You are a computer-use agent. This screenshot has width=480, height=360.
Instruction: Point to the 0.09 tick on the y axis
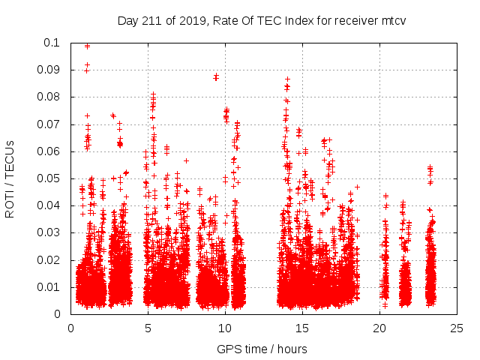51,70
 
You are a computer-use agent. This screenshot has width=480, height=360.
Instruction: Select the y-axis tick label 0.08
51,97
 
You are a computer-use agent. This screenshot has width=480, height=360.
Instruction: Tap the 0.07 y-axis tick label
51,124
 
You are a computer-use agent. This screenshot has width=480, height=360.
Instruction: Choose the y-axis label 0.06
51,151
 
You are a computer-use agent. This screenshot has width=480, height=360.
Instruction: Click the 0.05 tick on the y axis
51,178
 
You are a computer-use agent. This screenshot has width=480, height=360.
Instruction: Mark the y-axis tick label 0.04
51,205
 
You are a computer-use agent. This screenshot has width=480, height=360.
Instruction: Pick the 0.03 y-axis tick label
51,232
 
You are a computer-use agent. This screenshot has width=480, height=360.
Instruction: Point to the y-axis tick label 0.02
51,260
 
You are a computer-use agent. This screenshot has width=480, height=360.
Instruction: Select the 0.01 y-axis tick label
51,287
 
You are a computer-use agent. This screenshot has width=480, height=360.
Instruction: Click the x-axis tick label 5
148,328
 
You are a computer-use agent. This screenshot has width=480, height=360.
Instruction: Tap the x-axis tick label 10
225,328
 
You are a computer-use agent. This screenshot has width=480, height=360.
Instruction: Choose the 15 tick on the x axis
302,328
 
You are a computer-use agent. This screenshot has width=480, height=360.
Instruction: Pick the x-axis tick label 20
379,328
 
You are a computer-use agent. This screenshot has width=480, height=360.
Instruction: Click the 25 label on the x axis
457,328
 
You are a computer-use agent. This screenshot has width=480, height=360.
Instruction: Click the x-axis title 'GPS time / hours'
262,349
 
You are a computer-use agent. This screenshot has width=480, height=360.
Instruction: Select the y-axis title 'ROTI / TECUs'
10,178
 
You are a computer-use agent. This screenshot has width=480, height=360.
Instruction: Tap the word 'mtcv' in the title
392,20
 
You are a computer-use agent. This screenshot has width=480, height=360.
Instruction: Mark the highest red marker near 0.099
87,46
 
